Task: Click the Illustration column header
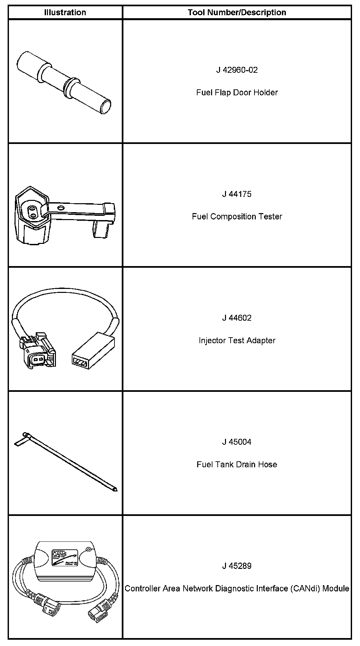[x=65, y=13]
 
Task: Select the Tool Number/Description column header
[x=237, y=13]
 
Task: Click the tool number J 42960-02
[x=237, y=70]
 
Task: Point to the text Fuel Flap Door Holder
[x=237, y=93]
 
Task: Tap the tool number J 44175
[x=237, y=194]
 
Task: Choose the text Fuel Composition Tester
[x=237, y=217]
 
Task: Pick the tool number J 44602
[x=237, y=318]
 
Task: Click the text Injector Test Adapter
[x=237, y=341]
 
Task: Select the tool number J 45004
[x=237, y=442]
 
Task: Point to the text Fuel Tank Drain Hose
[x=237, y=465]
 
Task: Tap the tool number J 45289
[x=237, y=566]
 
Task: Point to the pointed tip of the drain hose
[x=114, y=489]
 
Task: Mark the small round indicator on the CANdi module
[x=88, y=550]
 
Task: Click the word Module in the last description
[x=336, y=589]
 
